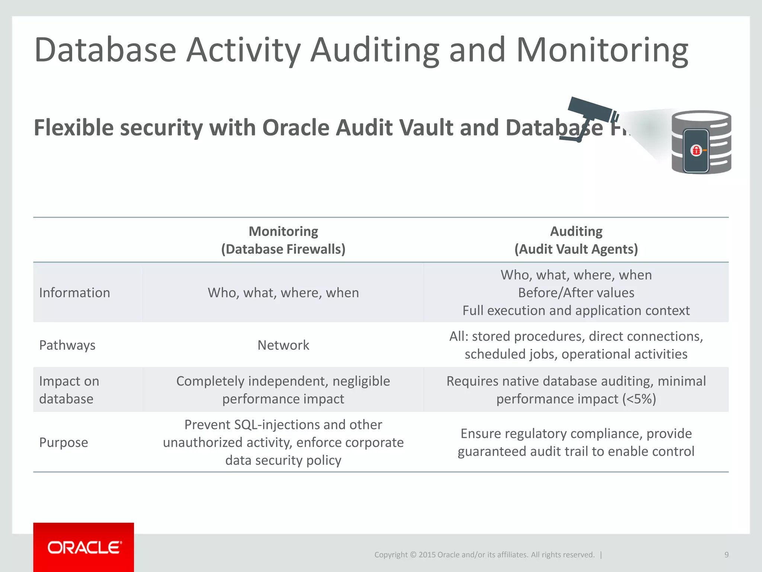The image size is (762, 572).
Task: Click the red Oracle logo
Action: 84,547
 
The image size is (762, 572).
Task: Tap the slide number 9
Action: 726,554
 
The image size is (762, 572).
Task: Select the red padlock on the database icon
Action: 696,150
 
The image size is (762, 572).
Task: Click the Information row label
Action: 74,293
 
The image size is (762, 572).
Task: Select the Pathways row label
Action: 67,345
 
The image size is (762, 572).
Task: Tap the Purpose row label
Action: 64,442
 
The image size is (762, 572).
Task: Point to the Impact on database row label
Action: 69,390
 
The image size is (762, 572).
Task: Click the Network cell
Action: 283,345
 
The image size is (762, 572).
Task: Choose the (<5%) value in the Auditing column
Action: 639,399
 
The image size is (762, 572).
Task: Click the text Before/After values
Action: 576,293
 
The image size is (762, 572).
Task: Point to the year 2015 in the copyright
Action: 427,554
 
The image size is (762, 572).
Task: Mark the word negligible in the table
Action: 361,381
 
